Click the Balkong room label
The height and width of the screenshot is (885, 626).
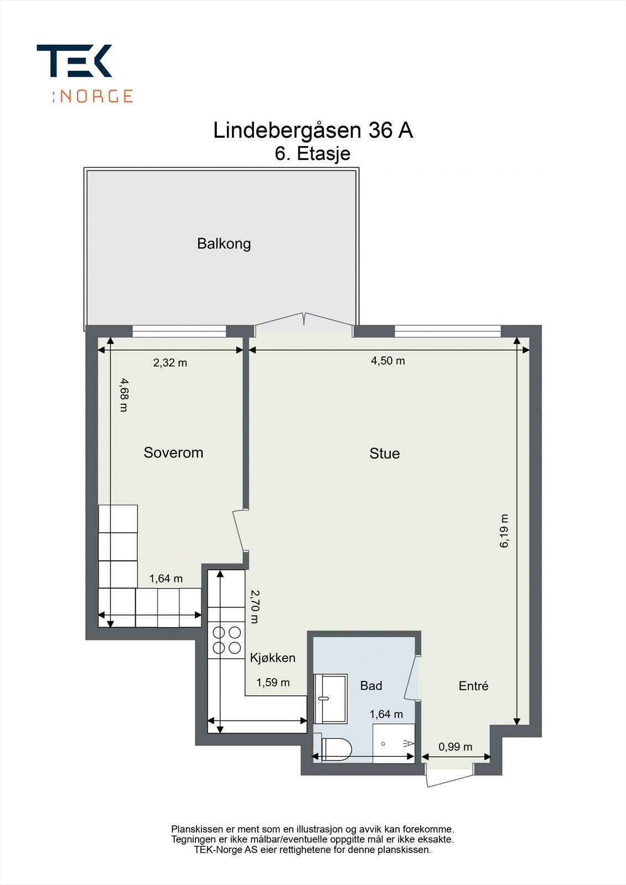pos(224,244)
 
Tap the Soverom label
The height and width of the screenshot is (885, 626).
pos(173,452)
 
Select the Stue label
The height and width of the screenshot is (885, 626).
pos(384,453)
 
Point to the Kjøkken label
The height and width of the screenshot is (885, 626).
pos(272,658)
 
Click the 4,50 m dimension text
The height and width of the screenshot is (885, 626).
pos(387,361)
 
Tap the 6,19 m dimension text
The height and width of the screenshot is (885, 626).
pos(504,530)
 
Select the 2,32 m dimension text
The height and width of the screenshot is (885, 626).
pos(170,362)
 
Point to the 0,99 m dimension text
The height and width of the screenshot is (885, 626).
pos(455,747)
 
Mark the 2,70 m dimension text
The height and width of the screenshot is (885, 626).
pos(255,606)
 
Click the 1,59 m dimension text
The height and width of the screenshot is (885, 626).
pos(273,683)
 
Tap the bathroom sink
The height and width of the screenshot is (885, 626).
pos(330,699)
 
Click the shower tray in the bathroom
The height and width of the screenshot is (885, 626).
pos(394,743)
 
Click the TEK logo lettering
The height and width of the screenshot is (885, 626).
pos(74,60)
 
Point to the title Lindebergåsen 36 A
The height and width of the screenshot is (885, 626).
pos(313,131)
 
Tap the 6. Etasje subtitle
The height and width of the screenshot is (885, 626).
pos(312,154)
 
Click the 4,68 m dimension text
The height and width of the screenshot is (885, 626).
pos(125,395)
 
